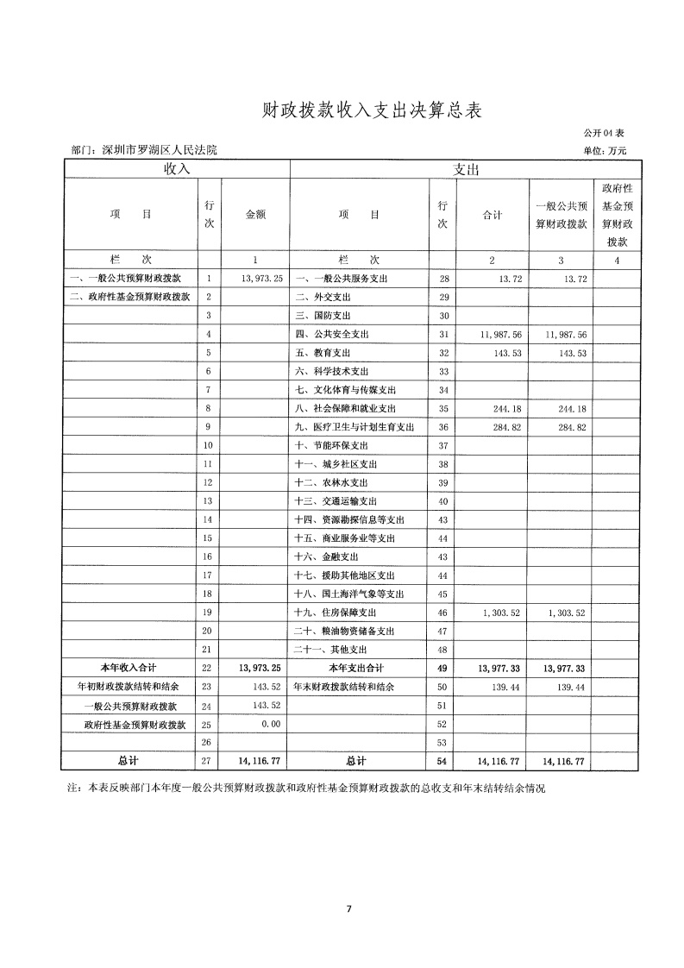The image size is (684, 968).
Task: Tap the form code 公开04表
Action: click(603, 134)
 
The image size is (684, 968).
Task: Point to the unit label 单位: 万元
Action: click(606, 150)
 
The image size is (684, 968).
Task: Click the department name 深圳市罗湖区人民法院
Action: click(159, 150)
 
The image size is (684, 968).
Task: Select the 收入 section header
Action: click(176, 169)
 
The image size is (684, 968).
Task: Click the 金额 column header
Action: click(255, 215)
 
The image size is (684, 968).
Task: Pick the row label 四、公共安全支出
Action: click(332, 335)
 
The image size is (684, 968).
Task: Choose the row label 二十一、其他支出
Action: click(331, 650)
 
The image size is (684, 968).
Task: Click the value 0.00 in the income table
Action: click(272, 724)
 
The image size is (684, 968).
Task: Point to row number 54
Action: click(442, 762)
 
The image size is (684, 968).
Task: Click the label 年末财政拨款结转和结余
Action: click(343, 687)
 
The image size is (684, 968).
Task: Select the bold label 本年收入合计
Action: click(128, 668)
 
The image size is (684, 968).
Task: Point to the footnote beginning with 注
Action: click(307, 789)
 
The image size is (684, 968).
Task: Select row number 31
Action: click(442, 335)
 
